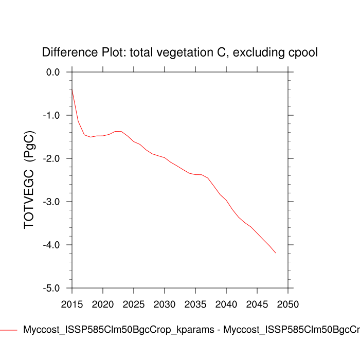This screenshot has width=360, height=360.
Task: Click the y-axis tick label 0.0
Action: (53, 72)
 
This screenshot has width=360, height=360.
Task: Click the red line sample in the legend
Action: (9, 330)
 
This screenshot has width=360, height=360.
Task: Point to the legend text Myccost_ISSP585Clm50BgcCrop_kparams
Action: (119, 330)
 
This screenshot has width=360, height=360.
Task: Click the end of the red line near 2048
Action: (276, 253)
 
